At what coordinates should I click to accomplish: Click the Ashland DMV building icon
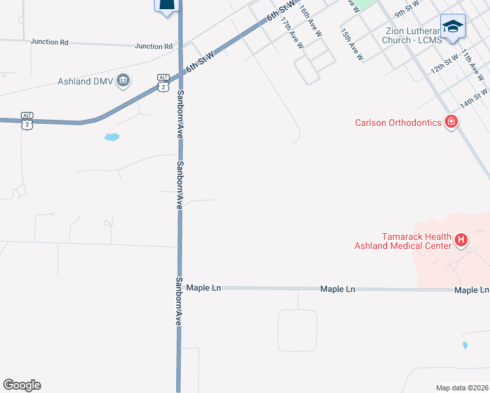tap(122, 81)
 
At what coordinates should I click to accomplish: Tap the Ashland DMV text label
tap(85, 82)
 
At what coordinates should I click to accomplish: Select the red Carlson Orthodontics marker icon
tap(451, 122)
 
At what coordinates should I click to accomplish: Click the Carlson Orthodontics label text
tap(398, 122)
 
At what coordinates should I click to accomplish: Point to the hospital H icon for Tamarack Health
tap(461, 240)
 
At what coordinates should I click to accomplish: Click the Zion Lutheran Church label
tap(410, 35)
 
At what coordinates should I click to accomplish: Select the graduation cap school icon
tap(453, 26)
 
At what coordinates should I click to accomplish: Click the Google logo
tap(22, 385)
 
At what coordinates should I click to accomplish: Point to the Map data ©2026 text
tap(462, 388)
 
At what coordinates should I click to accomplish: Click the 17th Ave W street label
tap(292, 33)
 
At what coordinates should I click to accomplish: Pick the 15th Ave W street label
tap(352, 45)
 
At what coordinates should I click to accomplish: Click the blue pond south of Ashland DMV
tap(112, 138)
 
